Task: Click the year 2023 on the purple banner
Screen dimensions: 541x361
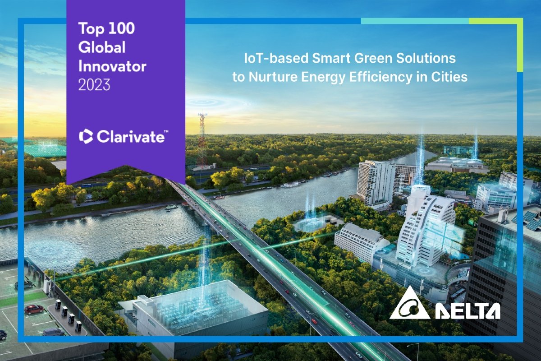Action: pyautogui.click(x=94, y=84)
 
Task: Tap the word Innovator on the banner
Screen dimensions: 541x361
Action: pyautogui.click(x=112, y=66)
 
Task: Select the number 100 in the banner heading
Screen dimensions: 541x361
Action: pyautogui.click(x=121, y=28)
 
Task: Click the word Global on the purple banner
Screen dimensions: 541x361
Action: pyautogui.click(x=102, y=47)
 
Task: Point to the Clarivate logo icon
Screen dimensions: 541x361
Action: pyautogui.click(x=86, y=136)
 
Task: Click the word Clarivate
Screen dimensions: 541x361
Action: pyautogui.click(x=131, y=136)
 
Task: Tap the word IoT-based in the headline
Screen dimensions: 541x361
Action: pyautogui.click(x=276, y=58)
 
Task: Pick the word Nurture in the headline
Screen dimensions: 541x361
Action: pyautogui.click(x=273, y=77)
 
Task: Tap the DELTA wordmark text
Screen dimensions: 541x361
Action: pyautogui.click(x=468, y=311)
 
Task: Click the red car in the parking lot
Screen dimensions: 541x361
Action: pyautogui.click(x=34, y=310)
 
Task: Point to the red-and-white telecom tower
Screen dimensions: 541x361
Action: pyautogui.click(x=202, y=140)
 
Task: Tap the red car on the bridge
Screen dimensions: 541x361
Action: pyautogui.click(x=314, y=321)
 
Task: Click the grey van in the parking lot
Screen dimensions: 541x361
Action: pyautogui.click(x=53, y=332)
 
